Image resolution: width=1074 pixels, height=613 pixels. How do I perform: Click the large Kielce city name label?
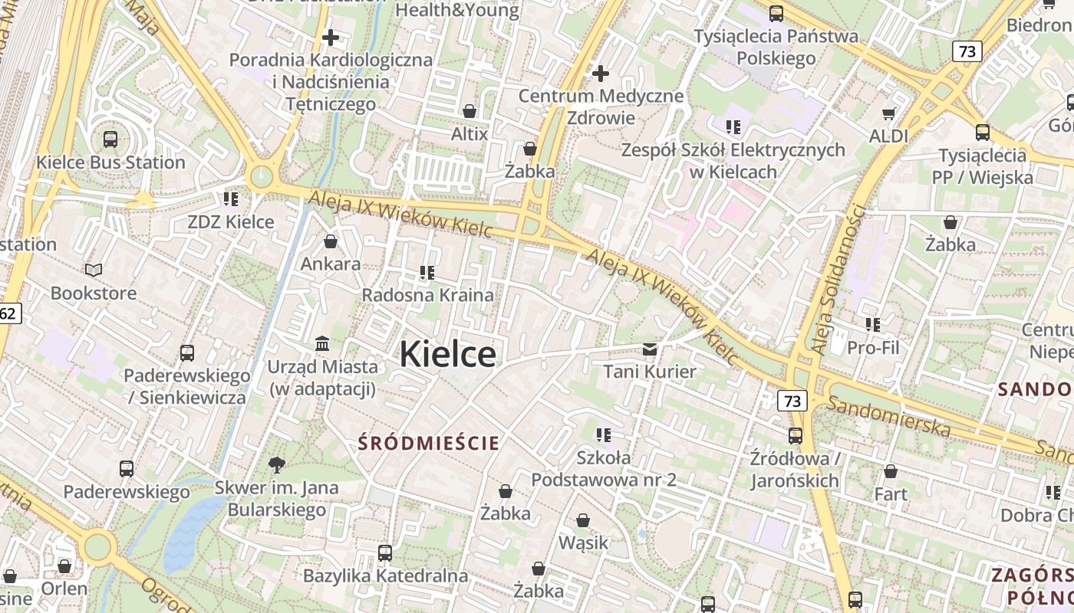point(447,354)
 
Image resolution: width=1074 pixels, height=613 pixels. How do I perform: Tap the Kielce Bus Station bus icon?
point(110,139)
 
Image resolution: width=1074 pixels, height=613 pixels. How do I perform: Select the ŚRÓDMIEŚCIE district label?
point(428,443)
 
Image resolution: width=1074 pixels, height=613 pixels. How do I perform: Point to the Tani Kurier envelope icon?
point(650,349)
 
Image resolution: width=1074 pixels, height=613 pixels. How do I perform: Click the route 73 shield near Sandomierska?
point(792,401)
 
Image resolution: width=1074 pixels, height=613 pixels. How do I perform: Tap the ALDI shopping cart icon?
point(888,113)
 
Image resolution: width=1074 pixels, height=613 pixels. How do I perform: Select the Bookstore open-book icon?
point(93,270)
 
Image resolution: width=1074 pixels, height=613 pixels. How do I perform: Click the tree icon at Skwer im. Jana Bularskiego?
point(276,464)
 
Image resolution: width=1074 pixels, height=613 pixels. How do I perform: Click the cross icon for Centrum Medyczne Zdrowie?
point(601,74)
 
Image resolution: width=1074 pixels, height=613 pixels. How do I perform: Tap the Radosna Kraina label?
point(427,295)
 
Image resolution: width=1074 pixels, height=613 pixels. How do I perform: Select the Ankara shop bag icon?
point(331,242)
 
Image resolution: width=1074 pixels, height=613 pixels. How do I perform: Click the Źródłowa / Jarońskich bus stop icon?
point(796,436)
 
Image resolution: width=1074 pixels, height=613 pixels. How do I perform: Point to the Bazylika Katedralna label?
point(385,575)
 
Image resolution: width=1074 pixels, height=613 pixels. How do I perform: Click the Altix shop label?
point(469,134)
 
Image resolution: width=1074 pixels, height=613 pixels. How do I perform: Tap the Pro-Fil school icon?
point(873,325)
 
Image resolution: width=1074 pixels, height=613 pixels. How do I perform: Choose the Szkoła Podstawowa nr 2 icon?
point(604,435)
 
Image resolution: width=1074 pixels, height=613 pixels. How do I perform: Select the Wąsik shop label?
point(583,543)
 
